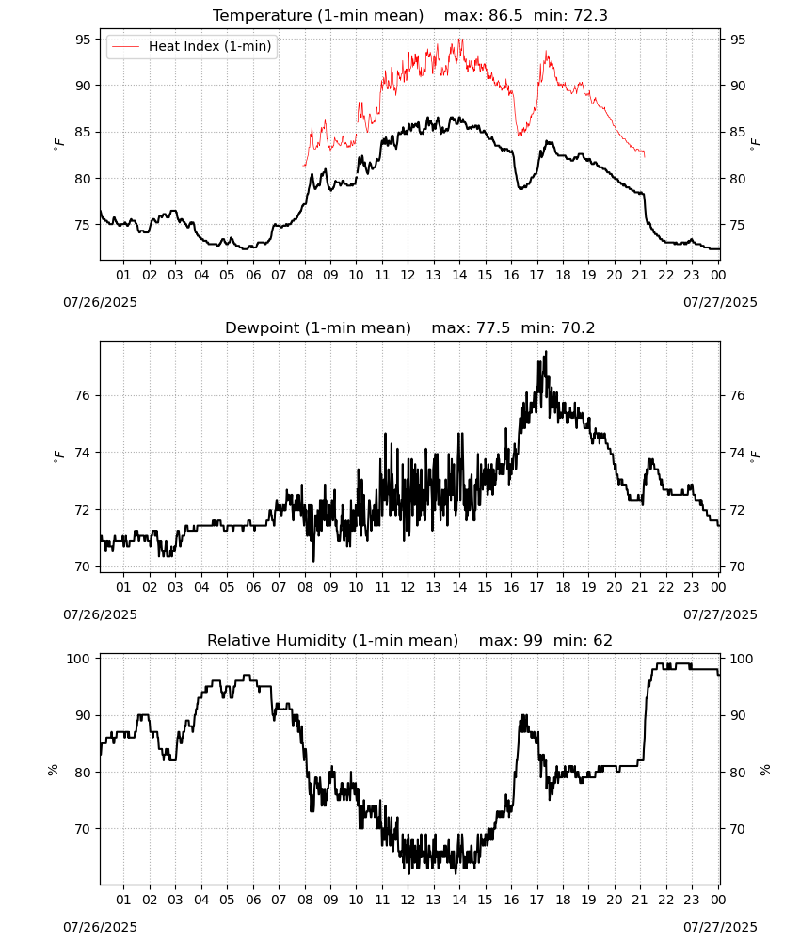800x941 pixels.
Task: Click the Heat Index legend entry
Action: [x=191, y=46]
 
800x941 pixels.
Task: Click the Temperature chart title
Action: [x=410, y=15]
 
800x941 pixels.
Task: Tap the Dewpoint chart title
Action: [x=410, y=327]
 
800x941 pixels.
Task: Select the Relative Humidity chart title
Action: [x=410, y=640]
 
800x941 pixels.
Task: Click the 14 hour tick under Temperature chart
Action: [x=459, y=275]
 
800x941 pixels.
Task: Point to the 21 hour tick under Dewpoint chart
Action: [x=640, y=587]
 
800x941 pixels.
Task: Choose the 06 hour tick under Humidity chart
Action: [x=253, y=900]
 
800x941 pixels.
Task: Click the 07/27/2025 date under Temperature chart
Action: [x=720, y=302]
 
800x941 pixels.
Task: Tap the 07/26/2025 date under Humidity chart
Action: [x=100, y=927]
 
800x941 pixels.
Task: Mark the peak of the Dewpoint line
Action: [x=546, y=352]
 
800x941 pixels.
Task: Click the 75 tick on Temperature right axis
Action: [x=737, y=225]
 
